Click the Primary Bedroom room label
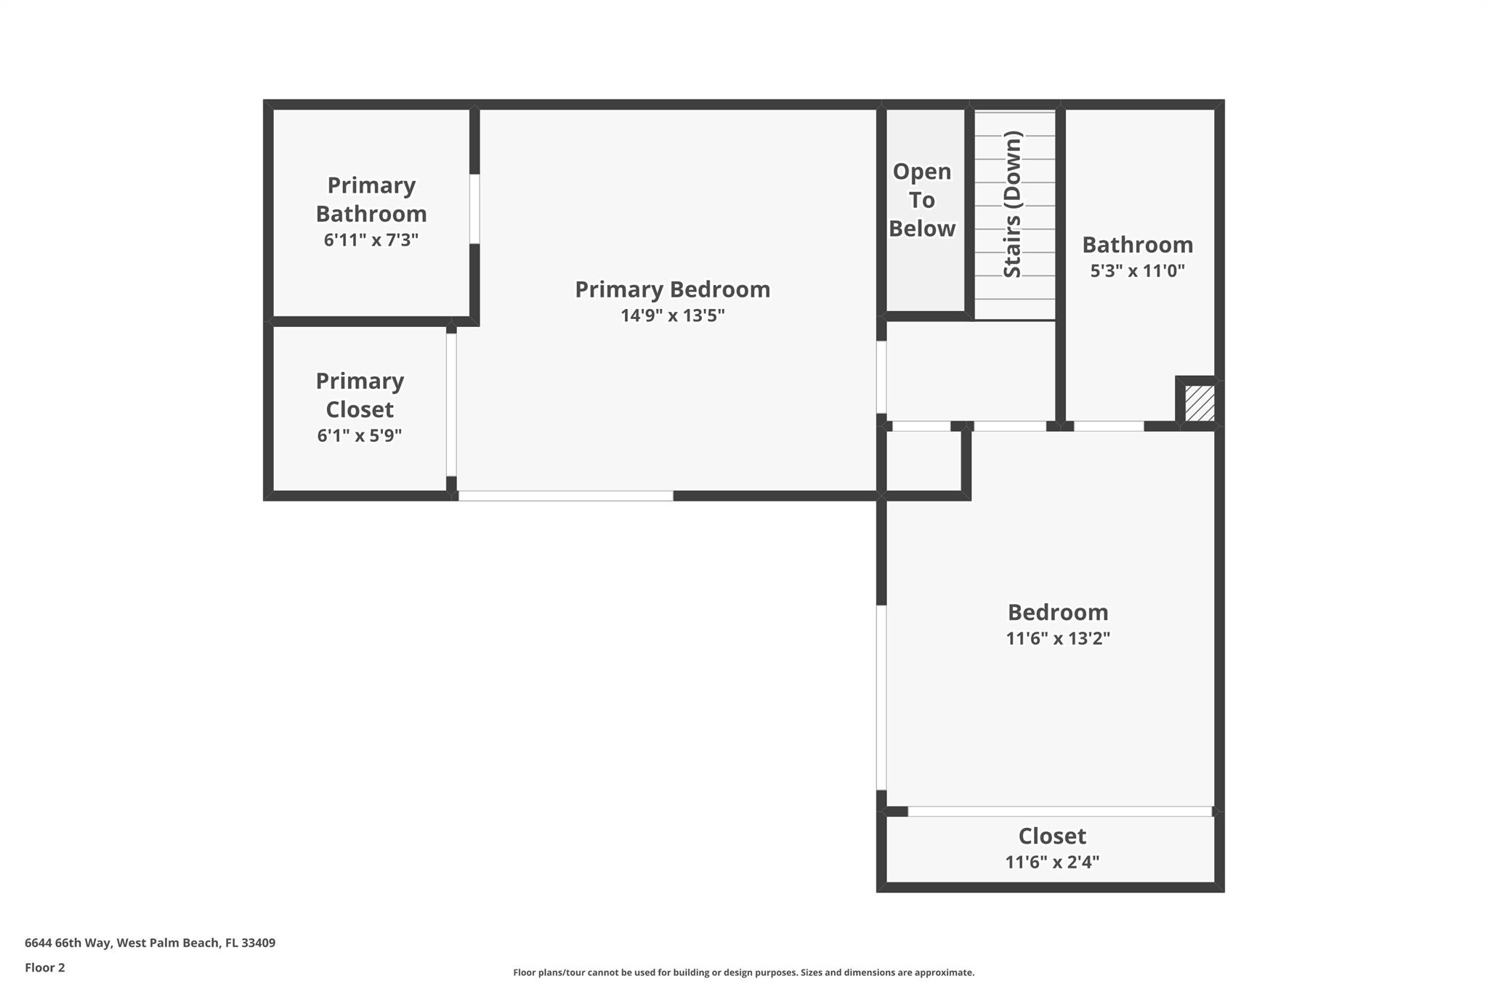[672, 290]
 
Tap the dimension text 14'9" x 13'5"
[672, 315]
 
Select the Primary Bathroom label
[371, 199]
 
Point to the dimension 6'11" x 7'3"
[371, 240]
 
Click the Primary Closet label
[360, 395]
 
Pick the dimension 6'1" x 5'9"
[360, 435]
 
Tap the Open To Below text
[922, 200]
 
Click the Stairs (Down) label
[1013, 204]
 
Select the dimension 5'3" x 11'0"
[1137, 271]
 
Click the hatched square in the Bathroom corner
[1200, 403]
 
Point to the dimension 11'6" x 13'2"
[1058, 638]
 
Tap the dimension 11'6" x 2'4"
[1052, 862]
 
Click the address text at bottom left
[150, 943]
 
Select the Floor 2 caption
[45, 967]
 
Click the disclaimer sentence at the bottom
[744, 972]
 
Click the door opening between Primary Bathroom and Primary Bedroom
[474, 209]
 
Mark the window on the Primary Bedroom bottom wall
[566, 496]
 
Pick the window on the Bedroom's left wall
[881, 698]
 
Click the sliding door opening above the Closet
[1060, 811]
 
